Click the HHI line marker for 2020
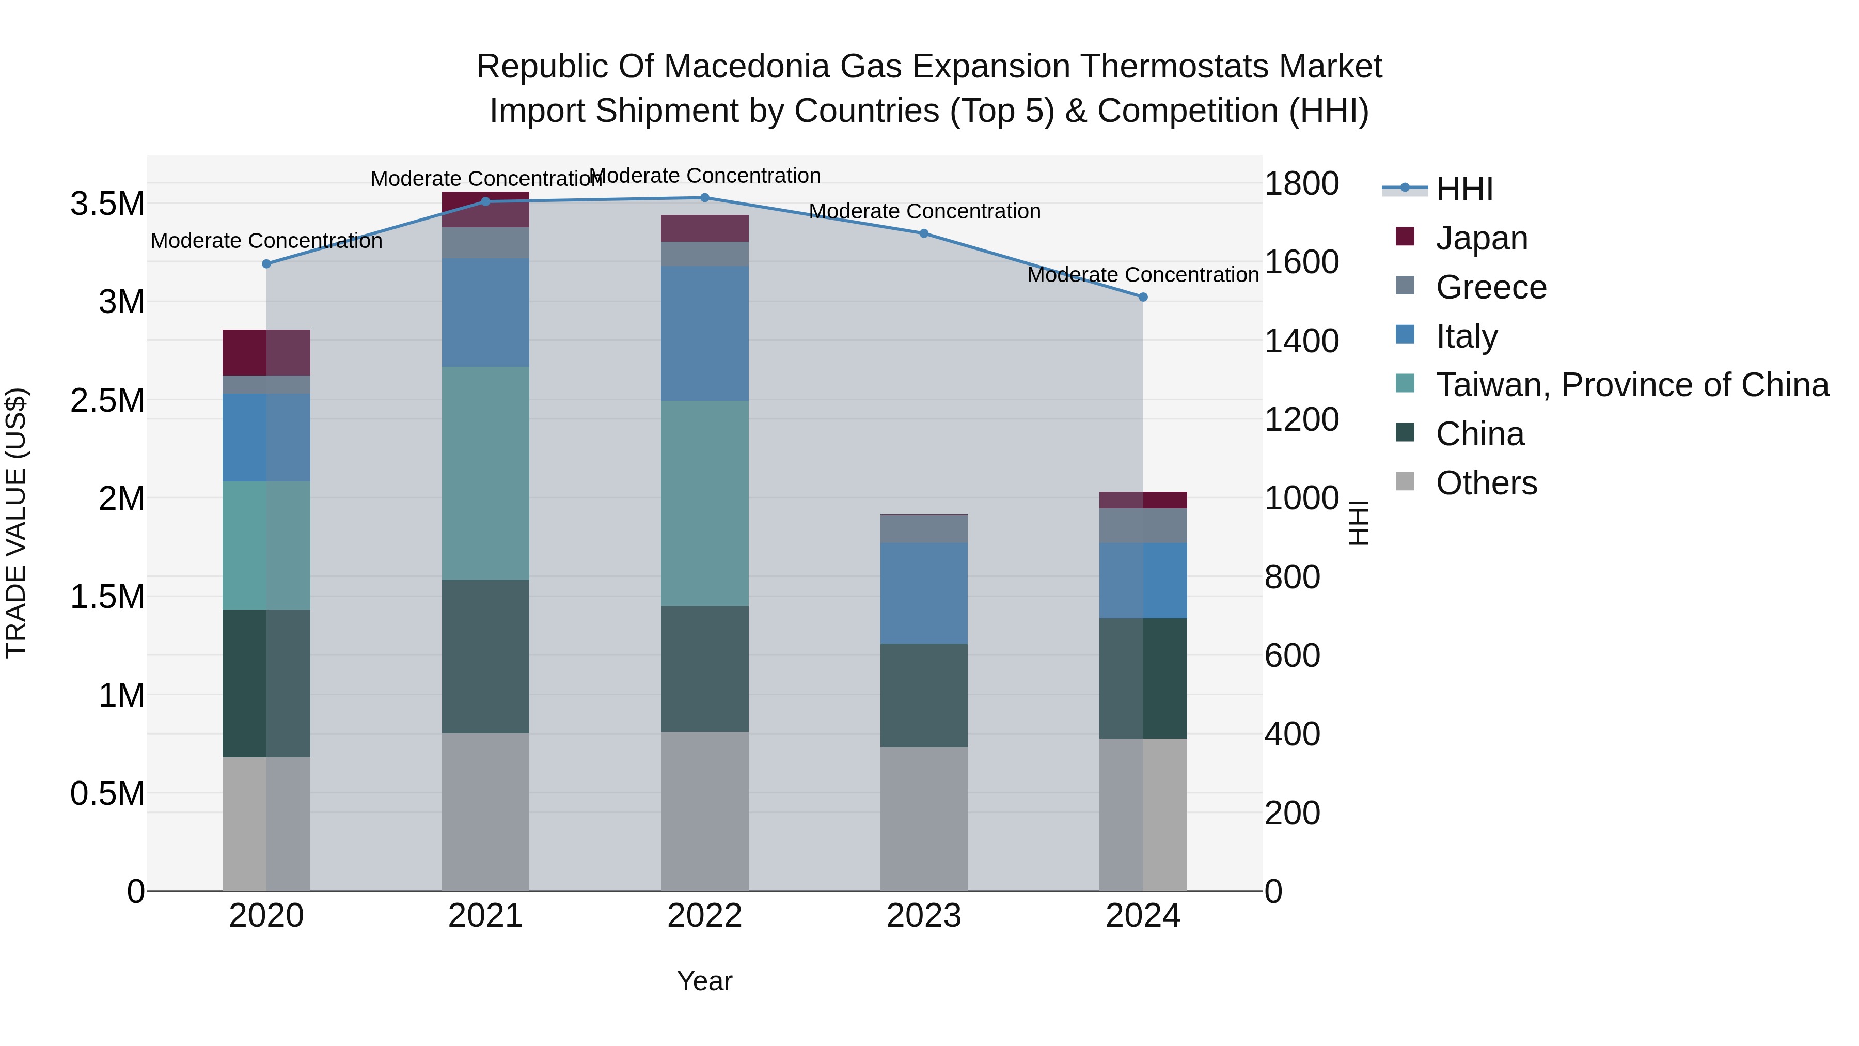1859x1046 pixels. click(x=266, y=264)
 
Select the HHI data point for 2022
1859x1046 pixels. click(x=705, y=198)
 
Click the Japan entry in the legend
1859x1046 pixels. click(x=1481, y=238)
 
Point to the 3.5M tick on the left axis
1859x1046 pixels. click(x=107, y=204)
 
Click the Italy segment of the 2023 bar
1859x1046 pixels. click(x=924, y=594)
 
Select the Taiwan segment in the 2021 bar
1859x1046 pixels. click(x=486, y=473)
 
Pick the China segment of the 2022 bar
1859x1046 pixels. click(x=705, y=668)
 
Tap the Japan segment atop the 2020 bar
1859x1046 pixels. click(x=266, y=352)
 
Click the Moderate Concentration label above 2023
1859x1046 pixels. click(x=924, y=211)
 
